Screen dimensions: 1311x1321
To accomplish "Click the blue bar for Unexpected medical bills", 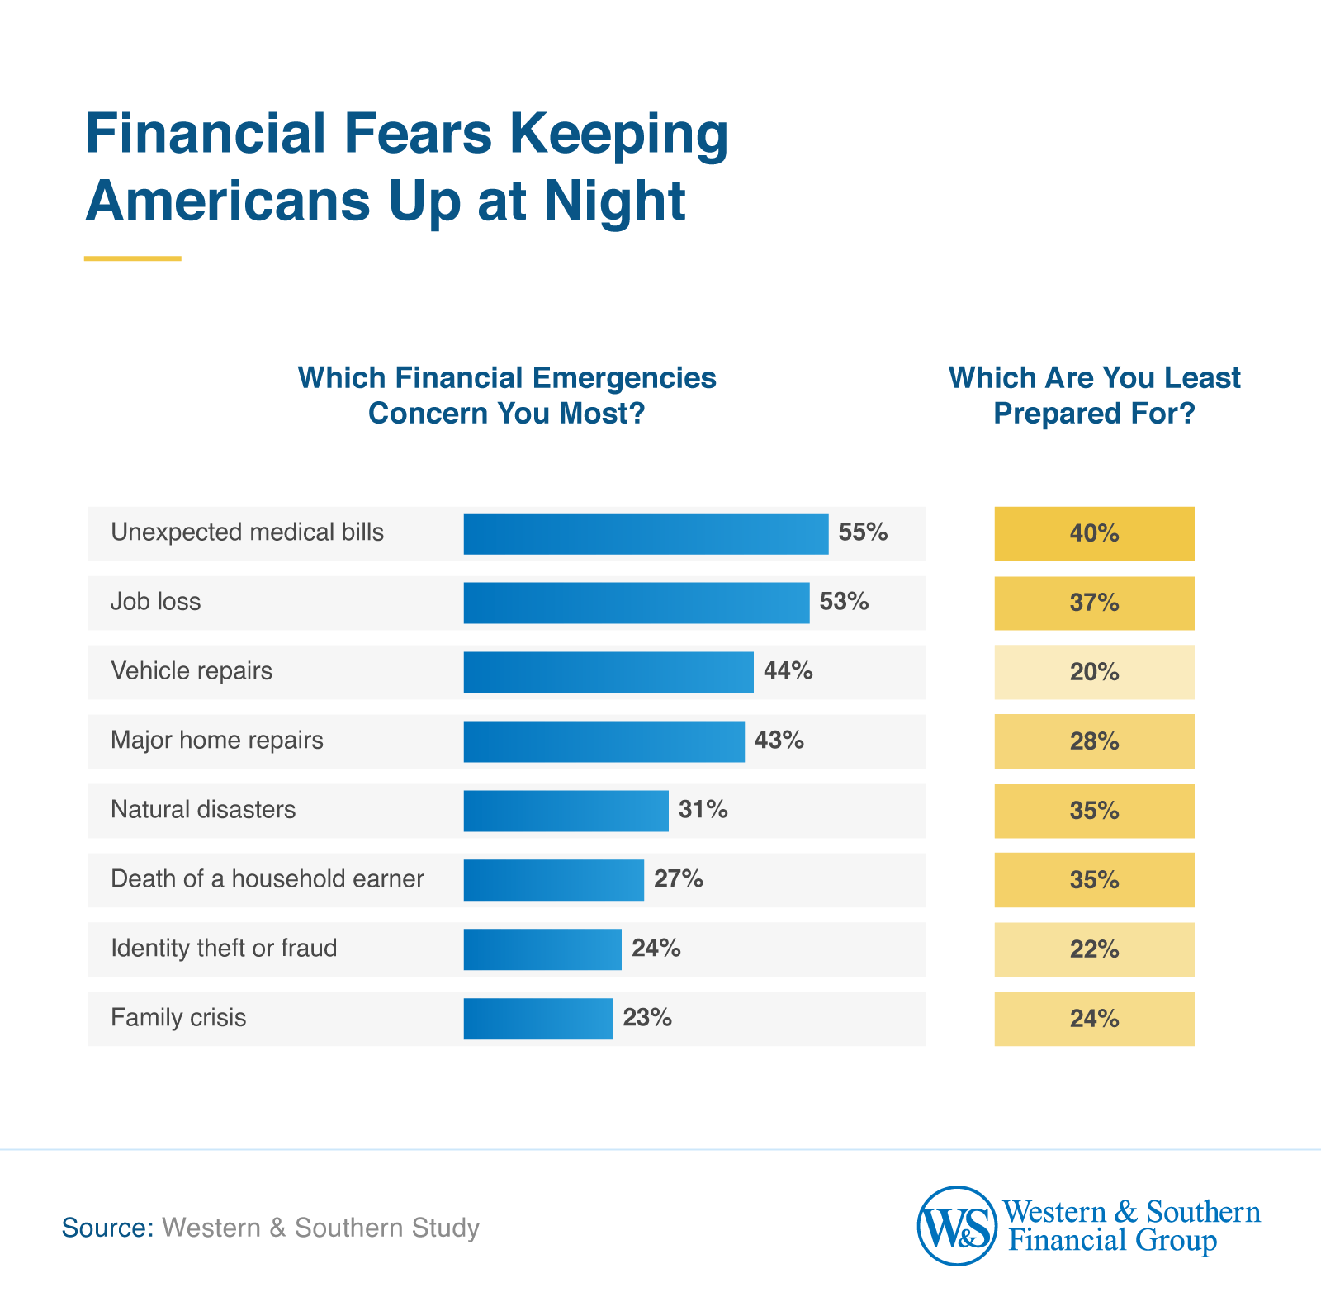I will click(646, 533).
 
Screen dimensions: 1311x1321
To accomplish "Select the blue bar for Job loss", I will click(636, 603).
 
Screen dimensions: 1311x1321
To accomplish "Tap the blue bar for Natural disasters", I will click(566, 811).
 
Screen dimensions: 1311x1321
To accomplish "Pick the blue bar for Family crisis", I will click(537, 1018).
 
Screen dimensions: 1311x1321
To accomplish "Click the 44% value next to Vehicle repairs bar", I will click(788, 671).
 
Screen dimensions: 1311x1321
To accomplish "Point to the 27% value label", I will click(678, 879).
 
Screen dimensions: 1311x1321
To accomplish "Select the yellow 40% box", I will click(1094, 534).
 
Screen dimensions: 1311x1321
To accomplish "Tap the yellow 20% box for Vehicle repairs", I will click(1094, 673).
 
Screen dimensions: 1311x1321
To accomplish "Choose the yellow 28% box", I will click(1094, 741).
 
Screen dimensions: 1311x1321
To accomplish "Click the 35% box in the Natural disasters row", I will click(1094, 811).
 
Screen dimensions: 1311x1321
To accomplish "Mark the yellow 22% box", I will click(1094, 949).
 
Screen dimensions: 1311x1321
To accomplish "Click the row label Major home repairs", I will click(217, 741).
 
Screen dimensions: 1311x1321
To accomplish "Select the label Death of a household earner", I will click(268, 879).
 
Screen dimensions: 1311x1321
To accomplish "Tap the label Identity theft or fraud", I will click(224, 949).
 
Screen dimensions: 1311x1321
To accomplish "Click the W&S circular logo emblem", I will click(957, 1226).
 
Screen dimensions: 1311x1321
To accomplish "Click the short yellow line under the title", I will click(132, 258).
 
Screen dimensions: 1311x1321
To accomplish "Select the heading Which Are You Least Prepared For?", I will click(1094, 395).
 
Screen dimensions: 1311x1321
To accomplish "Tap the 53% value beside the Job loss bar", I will click(844, 602).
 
